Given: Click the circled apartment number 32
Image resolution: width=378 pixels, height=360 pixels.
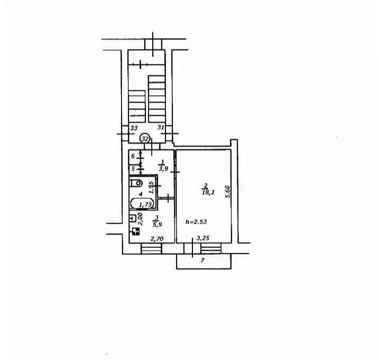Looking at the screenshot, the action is [145, 139].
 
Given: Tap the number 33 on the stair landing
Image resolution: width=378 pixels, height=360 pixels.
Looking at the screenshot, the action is [134, 128].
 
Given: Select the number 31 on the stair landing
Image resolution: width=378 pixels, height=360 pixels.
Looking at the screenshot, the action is [161, 127].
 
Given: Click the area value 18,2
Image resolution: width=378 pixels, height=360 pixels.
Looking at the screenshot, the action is [208, 192].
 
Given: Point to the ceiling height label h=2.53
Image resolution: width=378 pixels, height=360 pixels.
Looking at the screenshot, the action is [196, 221].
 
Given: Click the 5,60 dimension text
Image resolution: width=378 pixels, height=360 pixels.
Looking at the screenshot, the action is [228, 192].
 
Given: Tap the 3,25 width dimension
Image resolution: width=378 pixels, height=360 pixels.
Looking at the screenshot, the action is [202, 238].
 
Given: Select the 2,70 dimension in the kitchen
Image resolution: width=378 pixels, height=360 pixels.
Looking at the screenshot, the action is [157, 239].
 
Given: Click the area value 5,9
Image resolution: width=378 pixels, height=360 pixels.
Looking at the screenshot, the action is [157, 225].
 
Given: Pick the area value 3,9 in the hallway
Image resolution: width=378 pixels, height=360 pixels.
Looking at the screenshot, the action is [163, 169].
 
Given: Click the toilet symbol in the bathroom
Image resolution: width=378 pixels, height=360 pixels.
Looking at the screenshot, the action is [136, 183].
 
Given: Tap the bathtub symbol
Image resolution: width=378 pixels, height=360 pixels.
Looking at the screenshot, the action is [142, 204].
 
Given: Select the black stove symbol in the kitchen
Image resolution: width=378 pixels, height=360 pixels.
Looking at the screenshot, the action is [135, 232].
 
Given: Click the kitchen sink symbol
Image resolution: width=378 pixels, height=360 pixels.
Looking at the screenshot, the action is [132, 218].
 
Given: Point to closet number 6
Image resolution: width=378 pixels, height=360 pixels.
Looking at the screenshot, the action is [133, 156].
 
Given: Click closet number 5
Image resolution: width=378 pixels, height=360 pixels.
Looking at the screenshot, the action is [133, 169].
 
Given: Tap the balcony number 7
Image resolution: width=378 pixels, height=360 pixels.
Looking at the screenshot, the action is [202, 261].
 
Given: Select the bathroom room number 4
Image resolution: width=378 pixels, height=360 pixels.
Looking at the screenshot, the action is [141, 193].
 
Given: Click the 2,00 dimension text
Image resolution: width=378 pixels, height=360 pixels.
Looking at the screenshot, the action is [140, 219].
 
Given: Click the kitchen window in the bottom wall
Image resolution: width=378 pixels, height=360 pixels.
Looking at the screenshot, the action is [151, 248].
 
